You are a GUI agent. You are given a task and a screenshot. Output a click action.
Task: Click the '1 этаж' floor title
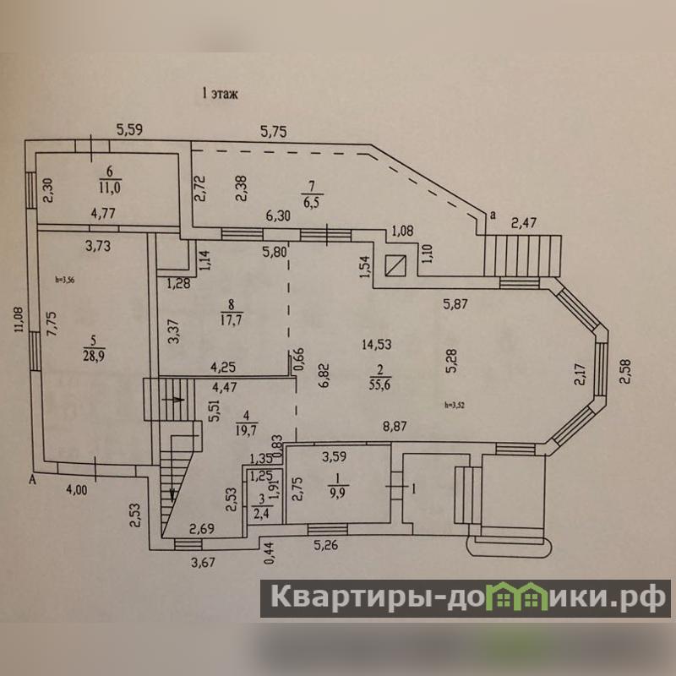(x=219, y=95)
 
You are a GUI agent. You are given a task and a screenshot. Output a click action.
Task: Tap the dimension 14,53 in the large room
(x=376, y=344)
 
